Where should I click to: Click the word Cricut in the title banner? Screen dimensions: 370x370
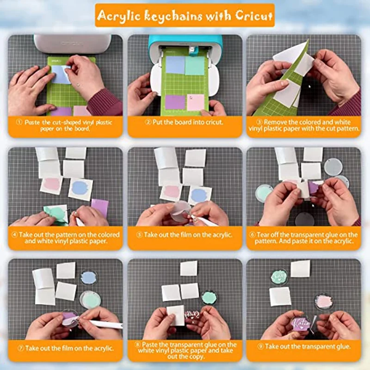pyautogui.click(x=253, y=15)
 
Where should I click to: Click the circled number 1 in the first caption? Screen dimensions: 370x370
pyautogui.click(x=19, y=122)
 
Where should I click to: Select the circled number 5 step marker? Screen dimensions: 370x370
pyautogui.click(x=139, y=235)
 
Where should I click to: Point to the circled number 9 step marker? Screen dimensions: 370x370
pyautogui.click(x=260, y=346)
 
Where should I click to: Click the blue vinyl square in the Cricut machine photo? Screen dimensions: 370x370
pyautogui.click(x=175, y=65)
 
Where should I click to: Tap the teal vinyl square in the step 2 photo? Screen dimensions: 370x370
pyautogui.click(x=194, y=65)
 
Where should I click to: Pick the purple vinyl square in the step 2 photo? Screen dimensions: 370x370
pyautogui.click(x=175, y=102)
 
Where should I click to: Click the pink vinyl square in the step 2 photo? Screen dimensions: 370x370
pyautogui.click(x=196, y=102)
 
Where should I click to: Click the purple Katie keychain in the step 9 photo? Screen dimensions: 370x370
pyautogui.click(x=301, y=322)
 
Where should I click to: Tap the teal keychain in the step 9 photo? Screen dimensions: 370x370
pyautogui.click(x=279, y=277)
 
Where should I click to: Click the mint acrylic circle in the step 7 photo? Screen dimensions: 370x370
pyautogui.click(x=90, y=299)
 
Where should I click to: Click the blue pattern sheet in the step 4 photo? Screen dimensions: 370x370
pyautogui.click(x=80, y=188)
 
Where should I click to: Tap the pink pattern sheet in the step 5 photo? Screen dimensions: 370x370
pyautogui.click(x=171, y=191)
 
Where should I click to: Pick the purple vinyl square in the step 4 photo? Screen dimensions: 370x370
pyautogui.click(x=100, y=207)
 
